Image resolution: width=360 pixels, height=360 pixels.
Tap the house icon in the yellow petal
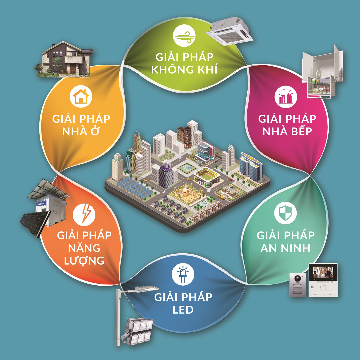click(x=81, y=97)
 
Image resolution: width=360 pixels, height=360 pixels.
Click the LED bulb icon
click(x=183, y=274)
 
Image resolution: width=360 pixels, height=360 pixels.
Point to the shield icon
click(x=285, y=213)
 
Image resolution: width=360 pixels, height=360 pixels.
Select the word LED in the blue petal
click(x=183, y=310)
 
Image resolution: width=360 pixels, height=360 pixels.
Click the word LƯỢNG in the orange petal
click(x=84, y=260)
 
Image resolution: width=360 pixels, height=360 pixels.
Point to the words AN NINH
click(x=285, y=248)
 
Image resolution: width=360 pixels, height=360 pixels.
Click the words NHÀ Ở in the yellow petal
click(x=81, y=131)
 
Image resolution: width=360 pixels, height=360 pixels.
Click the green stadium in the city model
click(x=207, y=176)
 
